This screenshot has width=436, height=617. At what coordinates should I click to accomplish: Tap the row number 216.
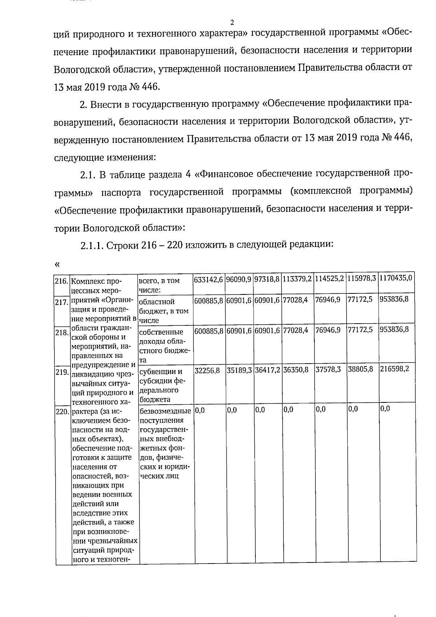[x=61, y=281]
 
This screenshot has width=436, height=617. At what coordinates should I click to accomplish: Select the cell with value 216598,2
[x=394, y=369]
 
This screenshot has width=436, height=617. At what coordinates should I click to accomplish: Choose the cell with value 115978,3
[x=362, y=279]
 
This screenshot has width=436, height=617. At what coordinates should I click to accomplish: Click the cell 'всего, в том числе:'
[x=159, y=285]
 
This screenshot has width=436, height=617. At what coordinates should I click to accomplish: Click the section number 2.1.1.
[x=92, y=245]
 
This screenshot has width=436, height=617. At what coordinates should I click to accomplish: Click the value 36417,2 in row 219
[x=267, y=369]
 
